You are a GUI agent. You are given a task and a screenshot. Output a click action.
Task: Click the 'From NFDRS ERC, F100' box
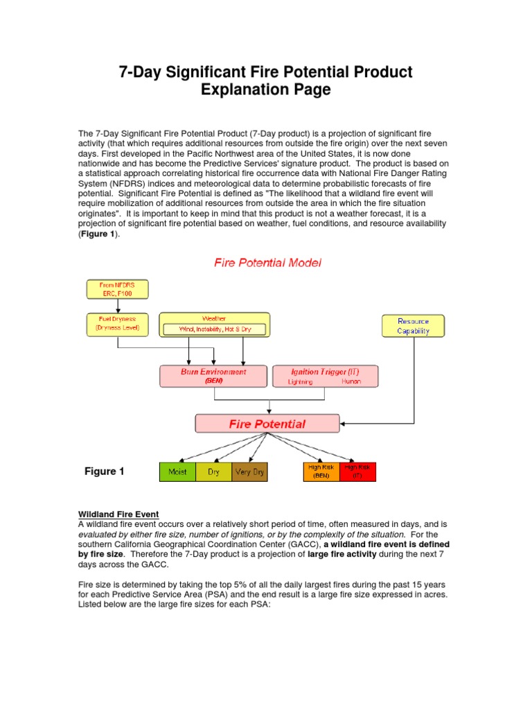pyautogui.click(x=117, y=290)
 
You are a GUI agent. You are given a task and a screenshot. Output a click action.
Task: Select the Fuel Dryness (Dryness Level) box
pyautogui.click(x=117, y=323)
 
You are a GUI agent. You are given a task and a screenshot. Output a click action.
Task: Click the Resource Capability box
pyautogui.click(x=413, y=326)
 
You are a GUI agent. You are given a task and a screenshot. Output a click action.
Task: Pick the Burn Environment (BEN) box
pyautogui.click(x=213, y=375)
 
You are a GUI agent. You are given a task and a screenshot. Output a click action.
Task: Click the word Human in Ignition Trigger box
pyautogui.click(x=351, y=381)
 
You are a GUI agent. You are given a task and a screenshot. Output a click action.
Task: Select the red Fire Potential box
pyautogui.click(x=267, y=424)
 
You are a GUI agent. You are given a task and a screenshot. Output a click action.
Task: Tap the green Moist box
pyautogui.click(x=177, y=472)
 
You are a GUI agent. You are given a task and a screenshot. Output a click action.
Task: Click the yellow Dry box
pyautogui.click(x=213, y=472)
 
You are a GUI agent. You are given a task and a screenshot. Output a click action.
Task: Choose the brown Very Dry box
pyautogui.click(x=249, y=472)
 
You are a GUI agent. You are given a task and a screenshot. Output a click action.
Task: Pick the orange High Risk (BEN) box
pyautogui.click(x=321, y=471)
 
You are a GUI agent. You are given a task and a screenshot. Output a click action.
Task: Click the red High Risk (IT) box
pyautogui.click(x=357, y=471)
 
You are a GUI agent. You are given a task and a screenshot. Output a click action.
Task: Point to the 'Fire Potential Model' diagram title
pyautogui.click(x=267, y=263)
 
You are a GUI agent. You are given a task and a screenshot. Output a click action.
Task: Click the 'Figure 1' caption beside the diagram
pyautogui.click(x=105, y=471)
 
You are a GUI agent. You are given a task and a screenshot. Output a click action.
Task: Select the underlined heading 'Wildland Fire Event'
pyautogui.click(x=118, y=514)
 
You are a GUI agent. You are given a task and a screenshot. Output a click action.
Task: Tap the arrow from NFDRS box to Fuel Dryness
pyautogui.click(x=117, y=306)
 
